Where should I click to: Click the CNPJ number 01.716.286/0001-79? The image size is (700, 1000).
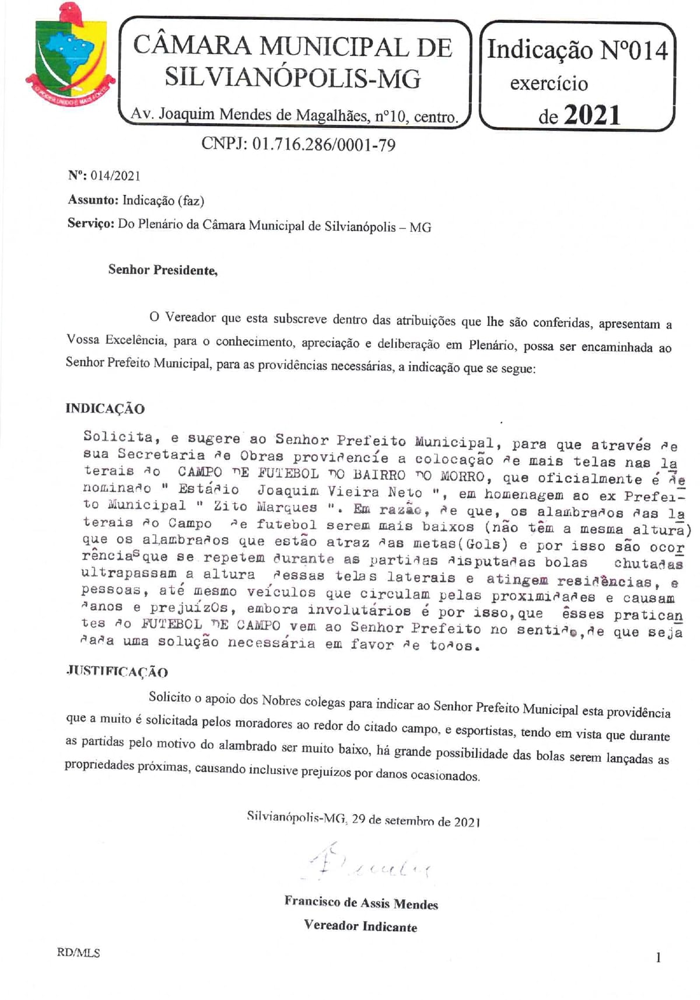point(298,144)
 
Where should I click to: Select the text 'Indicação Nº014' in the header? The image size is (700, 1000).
point(577,50)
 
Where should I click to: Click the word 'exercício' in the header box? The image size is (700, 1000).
point(549,83)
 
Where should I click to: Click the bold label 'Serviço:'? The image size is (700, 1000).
point(90,224)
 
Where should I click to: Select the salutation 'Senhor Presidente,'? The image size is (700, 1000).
point(163,270)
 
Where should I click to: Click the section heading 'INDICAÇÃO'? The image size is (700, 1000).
point(105,409)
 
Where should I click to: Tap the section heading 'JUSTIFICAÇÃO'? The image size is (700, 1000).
point(117,671)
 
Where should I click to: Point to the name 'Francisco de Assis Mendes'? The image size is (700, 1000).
point(361,903)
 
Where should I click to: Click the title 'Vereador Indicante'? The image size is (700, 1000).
point(360,926)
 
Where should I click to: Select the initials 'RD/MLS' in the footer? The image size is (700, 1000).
point(79,953)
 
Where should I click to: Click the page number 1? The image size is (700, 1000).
point(659,957)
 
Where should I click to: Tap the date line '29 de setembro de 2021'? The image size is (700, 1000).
point(415,820)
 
